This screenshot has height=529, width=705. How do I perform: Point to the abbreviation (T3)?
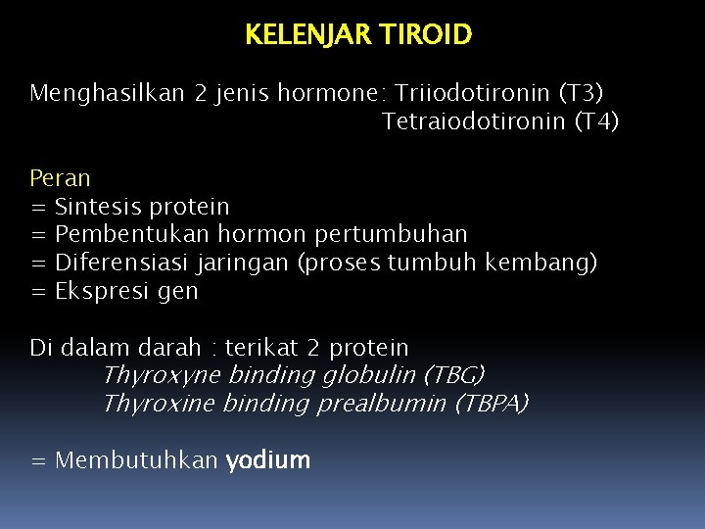581,93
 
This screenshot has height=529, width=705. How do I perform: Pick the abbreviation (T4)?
595,121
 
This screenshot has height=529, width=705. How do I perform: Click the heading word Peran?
60,178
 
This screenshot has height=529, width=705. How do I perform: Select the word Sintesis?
98,207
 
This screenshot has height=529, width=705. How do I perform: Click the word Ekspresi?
98,292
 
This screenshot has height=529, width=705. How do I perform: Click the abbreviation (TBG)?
453,375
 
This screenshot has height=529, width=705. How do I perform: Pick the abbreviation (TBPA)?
492,404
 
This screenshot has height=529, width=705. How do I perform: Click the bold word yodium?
267,460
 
